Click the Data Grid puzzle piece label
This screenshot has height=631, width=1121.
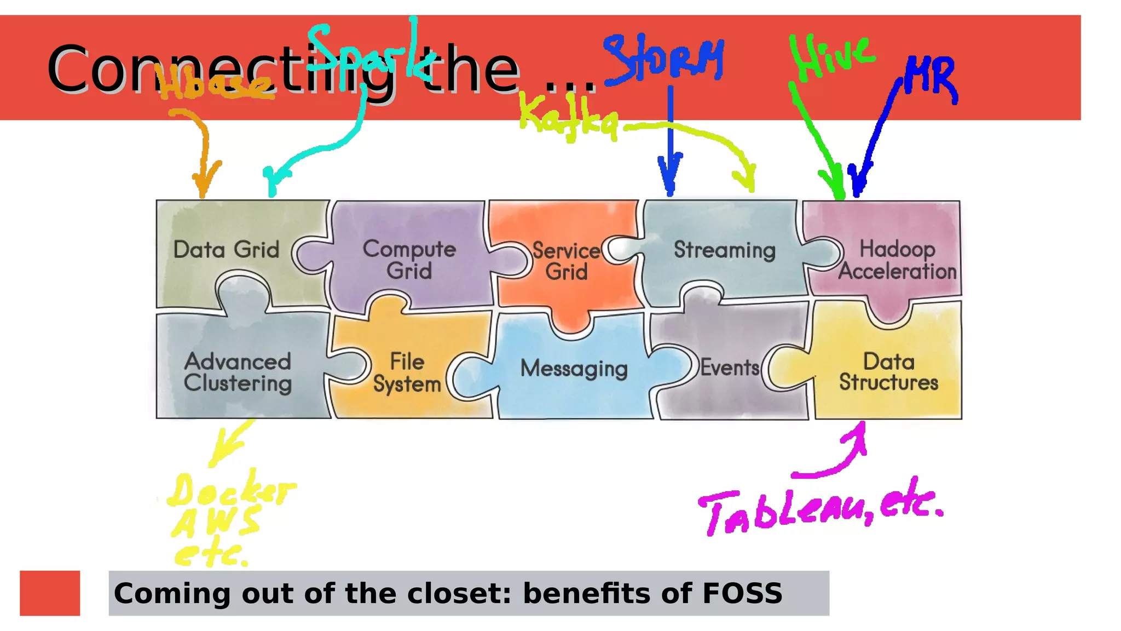226,250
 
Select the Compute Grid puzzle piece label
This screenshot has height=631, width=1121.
409,260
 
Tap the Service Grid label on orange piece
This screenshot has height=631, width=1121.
567,261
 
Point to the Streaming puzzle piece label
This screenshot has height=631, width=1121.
724,250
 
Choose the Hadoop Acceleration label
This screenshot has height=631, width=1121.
897,260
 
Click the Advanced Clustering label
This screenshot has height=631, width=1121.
238,372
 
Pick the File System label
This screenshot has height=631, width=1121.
407,373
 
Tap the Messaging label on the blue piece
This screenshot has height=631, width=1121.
574,369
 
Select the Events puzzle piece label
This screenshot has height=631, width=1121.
730,368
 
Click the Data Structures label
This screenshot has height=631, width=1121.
889,372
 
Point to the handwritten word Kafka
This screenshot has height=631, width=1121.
568,117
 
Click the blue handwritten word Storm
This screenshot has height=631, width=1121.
664,58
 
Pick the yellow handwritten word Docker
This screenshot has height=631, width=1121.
230,489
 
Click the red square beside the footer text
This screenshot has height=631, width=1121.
50,593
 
